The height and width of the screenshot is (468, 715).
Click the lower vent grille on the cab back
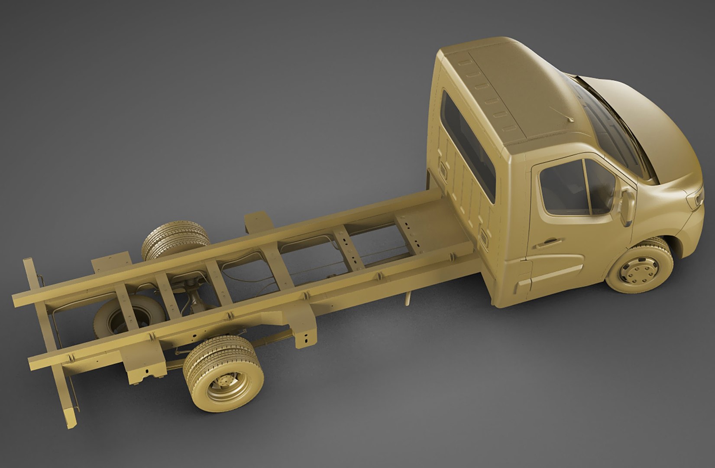[484, 236]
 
